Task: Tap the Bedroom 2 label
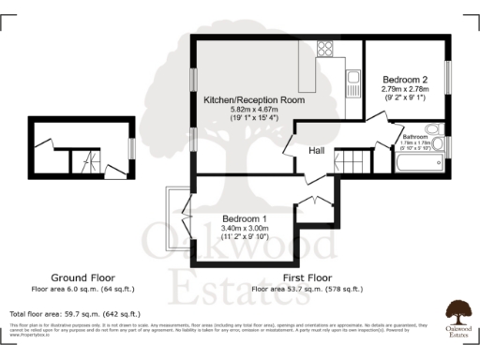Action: (x=405, y=80)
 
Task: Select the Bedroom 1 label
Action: (x=244, y=218)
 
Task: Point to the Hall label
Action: (x=316, y=147)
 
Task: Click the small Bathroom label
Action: (x=415, y=137)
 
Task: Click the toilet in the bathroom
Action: (x=434, y=130)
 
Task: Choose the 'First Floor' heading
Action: (x=307, y=277)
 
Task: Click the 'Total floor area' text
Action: (x=74, y=313)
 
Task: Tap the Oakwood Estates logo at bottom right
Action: (x=457, y=313)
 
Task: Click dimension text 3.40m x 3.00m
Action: (x=244, y=228)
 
